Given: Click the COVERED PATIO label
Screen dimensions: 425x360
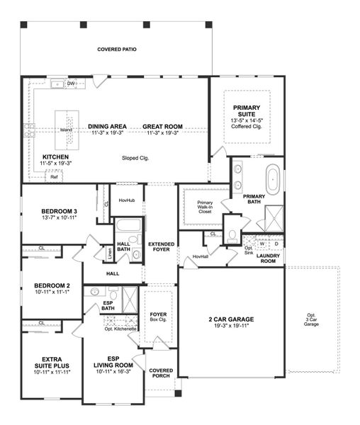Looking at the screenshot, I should point(117,50).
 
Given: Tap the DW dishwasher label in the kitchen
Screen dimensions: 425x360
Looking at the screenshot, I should point(71,84).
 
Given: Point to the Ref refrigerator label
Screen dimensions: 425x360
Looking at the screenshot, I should point(54,177).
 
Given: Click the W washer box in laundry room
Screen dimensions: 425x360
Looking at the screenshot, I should point(261,244).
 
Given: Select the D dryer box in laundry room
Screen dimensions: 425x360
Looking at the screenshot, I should point(276,244).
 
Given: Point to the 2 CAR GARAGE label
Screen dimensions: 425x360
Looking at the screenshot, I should point(230,319).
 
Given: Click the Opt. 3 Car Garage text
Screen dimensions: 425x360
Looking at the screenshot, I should point(312,319).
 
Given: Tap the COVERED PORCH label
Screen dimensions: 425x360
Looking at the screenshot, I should point(161,374).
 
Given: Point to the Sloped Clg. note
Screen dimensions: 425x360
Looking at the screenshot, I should point(135,158).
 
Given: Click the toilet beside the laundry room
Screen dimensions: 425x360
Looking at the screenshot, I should point(232,237).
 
